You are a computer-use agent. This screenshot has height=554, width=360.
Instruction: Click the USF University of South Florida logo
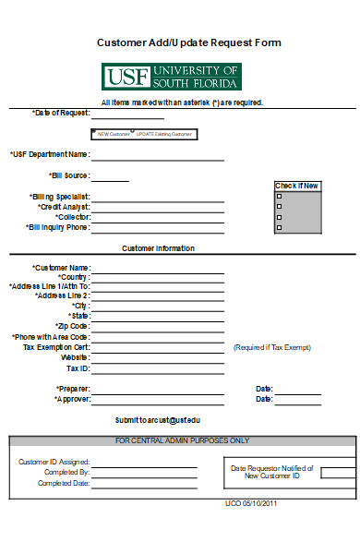[x=171, y=76]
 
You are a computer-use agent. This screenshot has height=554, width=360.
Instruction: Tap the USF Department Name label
[x=50, y=154]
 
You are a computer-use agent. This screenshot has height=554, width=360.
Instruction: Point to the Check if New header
[x=297, y=186]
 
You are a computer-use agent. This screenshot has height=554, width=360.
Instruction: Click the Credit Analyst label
[x=64, y=207]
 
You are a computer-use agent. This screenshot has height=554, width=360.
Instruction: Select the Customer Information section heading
[x=158, y=248]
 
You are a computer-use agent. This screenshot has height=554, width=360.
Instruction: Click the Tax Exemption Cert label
[x=56, y=347]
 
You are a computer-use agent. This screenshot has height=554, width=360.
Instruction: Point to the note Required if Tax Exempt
[x=272, y=347]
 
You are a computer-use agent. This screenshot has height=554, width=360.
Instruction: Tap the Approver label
[x=72, y=400]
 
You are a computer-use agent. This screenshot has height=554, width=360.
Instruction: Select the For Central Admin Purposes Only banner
[x=182, y=440]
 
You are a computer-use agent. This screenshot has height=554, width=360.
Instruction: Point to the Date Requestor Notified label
[x=271, y=471]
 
